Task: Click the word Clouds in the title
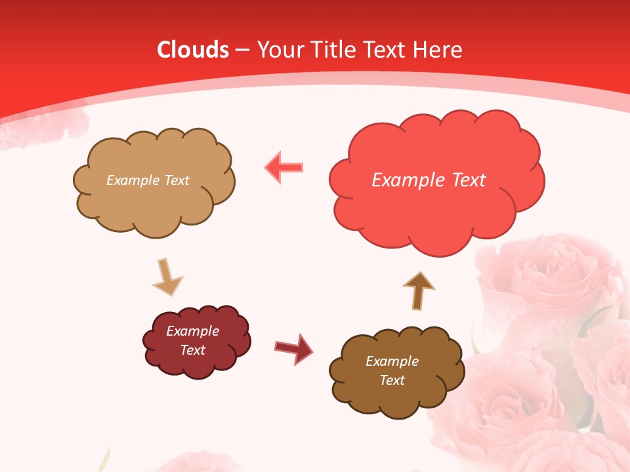193,50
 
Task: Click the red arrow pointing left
284,167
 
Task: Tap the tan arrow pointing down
167,277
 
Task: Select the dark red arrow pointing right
294,348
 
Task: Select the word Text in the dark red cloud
192,350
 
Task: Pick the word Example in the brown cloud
392,361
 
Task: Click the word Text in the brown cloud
392,380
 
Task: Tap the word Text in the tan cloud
177,180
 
